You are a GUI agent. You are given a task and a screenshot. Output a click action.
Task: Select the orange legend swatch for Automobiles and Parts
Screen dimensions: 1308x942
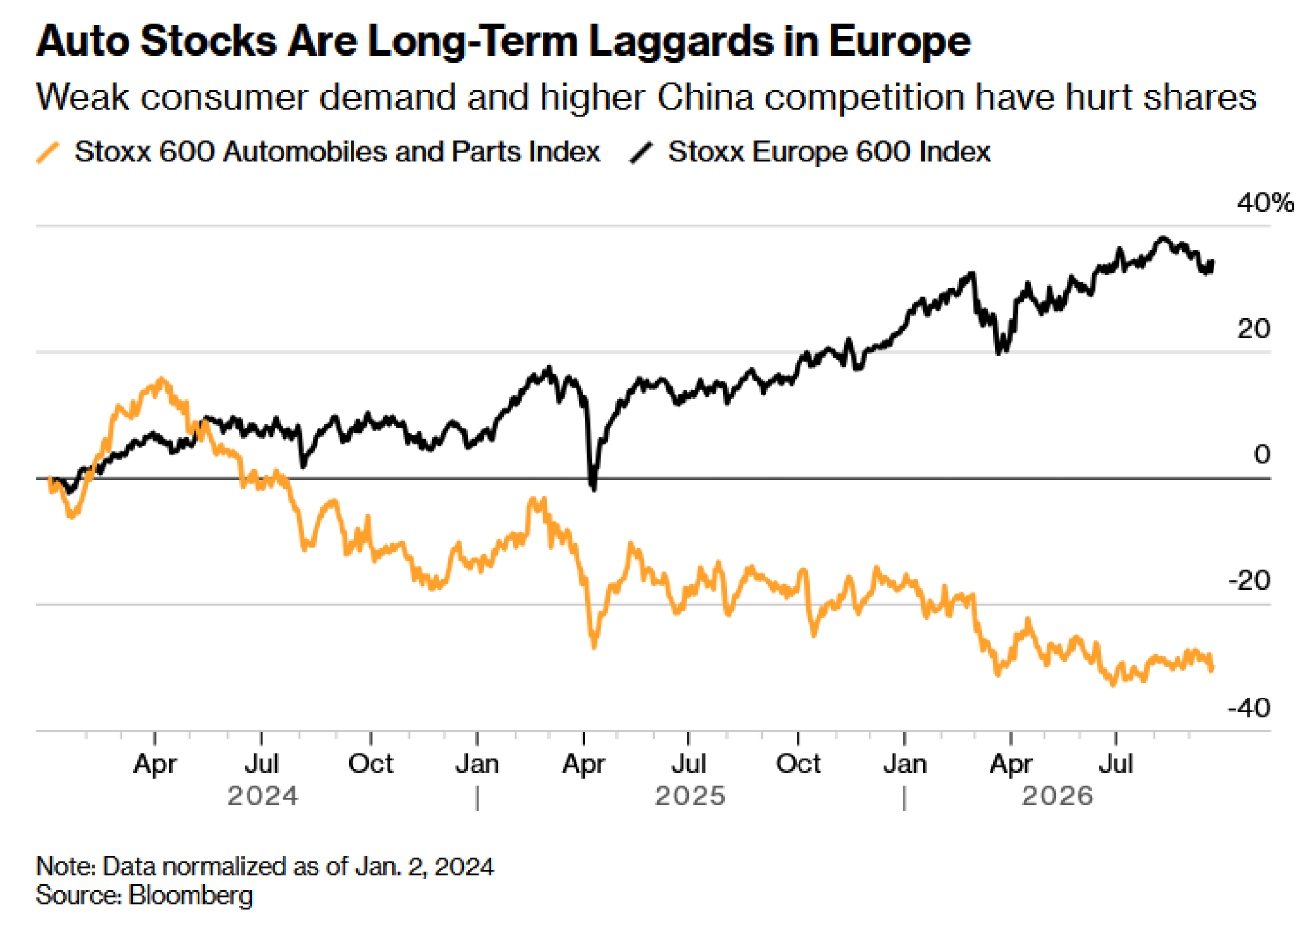click(x=48, y=152)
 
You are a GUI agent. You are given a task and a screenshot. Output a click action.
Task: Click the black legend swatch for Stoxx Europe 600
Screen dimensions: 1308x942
click(x=641, y=152)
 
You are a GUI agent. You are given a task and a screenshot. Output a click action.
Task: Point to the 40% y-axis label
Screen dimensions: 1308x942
click(x=1265, y=203)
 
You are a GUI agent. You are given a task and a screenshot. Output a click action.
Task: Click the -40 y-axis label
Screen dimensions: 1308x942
click(x=1249, y=708)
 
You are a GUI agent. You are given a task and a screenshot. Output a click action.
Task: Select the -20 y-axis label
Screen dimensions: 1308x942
click(x=1249, y=580)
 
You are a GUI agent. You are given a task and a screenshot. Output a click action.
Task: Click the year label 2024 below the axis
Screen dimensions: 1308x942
click(x=262, y=796)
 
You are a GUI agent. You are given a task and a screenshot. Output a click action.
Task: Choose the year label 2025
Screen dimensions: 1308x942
click(x=690, y=796)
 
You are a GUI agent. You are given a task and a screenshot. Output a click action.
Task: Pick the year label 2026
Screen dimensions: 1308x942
click(x=1058, y=796)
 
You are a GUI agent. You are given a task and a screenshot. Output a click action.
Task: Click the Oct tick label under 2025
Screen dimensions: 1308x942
click(x=798, y=764)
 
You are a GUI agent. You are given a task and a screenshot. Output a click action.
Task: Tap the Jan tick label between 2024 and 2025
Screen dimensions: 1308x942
click(x=477, y=764)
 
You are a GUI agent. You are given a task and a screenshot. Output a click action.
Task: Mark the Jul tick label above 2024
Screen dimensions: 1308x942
click(x=262, y=764)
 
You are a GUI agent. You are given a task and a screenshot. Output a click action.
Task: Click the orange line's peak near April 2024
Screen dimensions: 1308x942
click(x=162, y=379)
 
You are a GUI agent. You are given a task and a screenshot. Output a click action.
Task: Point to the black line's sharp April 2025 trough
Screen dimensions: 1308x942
click(x=593, y=488)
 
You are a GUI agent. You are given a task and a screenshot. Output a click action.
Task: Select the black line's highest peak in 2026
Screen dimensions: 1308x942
click(x=1162, y=239)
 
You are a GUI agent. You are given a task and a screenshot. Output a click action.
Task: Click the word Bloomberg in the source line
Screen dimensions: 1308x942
click(x=191, y=895)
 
